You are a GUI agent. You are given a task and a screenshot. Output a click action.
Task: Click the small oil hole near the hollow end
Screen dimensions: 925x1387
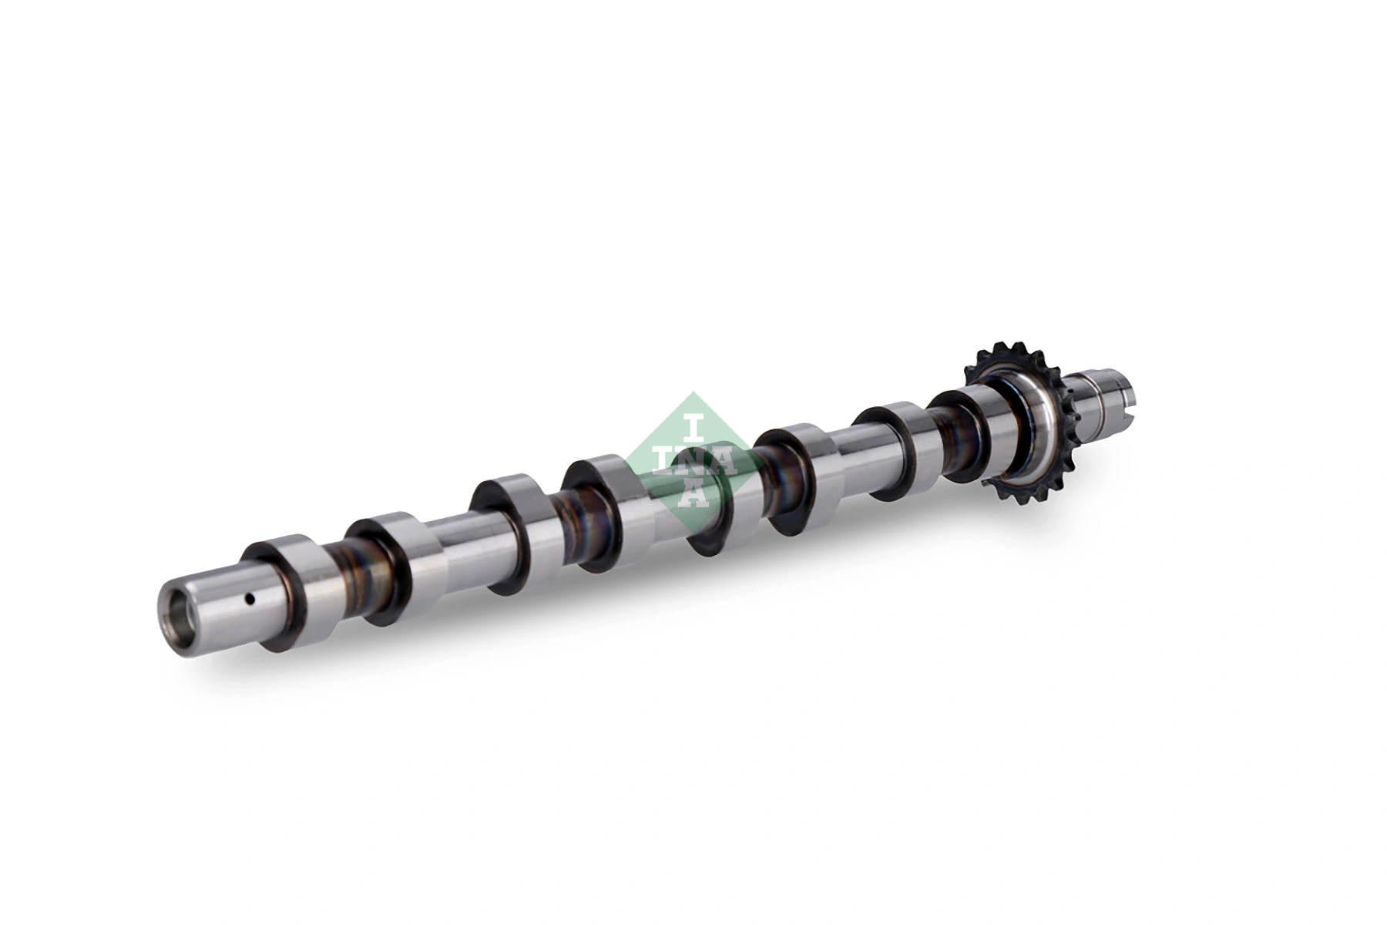coord(249,598)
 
